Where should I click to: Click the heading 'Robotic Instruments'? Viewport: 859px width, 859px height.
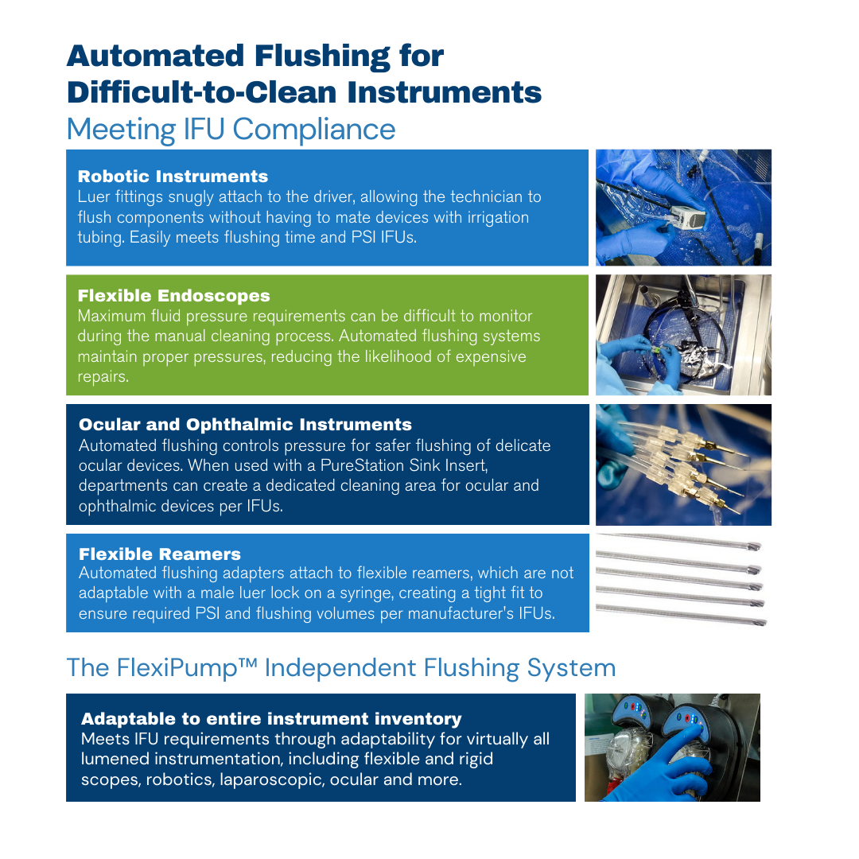click(x=173, y=177)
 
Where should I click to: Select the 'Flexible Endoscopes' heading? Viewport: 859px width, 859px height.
click(x=173, y=296)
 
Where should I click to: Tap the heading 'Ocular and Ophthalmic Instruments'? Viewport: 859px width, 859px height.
click(x=245, y=425)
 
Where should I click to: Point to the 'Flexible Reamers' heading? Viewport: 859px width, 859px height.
click(x=159, y=554)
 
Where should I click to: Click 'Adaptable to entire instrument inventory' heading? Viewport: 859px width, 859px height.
click(x=271, y=719)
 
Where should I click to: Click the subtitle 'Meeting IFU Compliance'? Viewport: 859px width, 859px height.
click(x=231, y=130)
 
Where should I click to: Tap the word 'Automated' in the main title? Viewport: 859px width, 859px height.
click(x=156, y=56)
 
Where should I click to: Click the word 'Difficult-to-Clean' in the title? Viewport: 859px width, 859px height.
click(x=201, y=92)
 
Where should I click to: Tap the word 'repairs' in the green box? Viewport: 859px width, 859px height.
click(x=102, y=378)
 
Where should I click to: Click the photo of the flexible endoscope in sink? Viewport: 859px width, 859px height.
click(x=684, y=335)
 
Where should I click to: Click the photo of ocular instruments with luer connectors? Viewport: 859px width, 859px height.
click(x=684, y=464)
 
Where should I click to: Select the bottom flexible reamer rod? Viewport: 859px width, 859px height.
click(x=681, y=613)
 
